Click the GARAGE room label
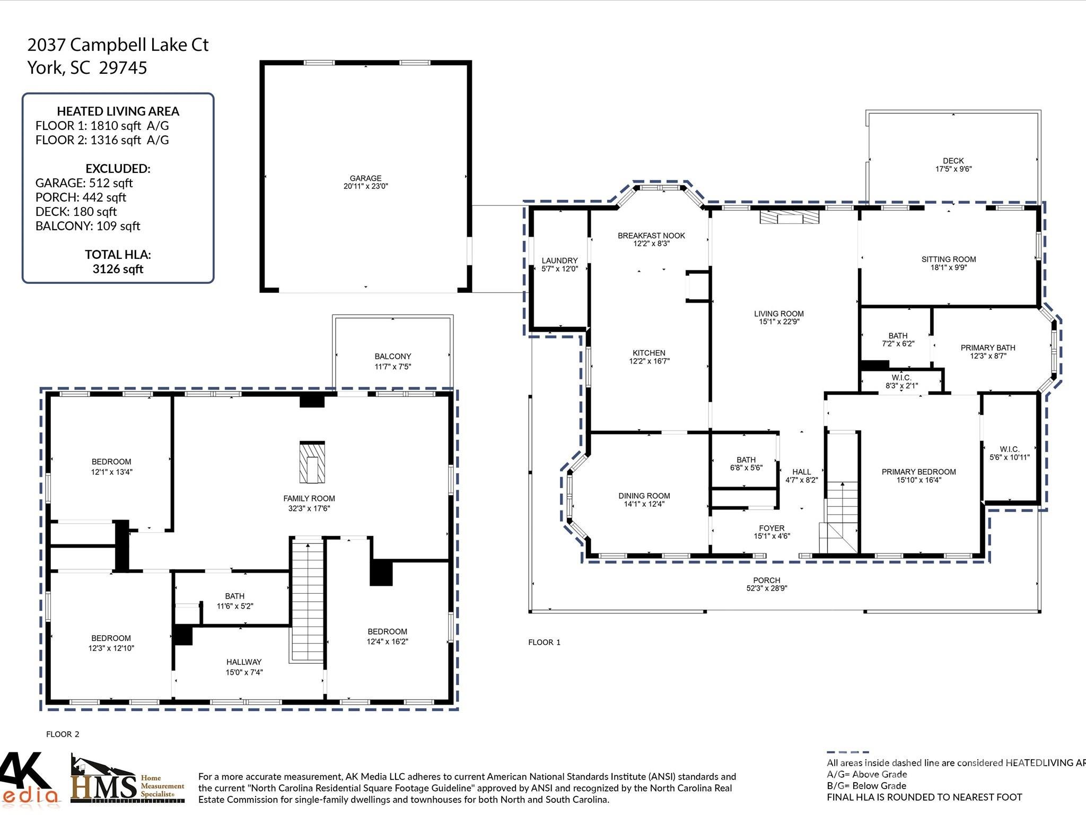(x=365, y=179)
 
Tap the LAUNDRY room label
(x=559, y=261)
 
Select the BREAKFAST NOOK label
(x=651, y=236)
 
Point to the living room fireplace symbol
(x=789, y=216)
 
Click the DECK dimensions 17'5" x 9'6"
(x=953, y=169)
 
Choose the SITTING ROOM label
(x=948, y=259)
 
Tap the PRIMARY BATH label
(x=987, y=348)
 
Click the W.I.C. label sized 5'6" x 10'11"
(x=1009, y=449)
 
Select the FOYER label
(x=772, y=528)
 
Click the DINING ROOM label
(x=644, y=496)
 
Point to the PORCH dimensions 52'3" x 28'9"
(x=766, y=588)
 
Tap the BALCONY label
(x=392, y=357)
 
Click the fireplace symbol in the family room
(x=312, y=462)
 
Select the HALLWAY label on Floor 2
(x=244, y=662)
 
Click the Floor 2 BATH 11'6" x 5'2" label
(x=234, y=596)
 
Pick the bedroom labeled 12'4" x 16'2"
(x=387, y=632)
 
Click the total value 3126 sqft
(x=118, y=269)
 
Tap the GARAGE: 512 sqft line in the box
(x=84, y=183)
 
